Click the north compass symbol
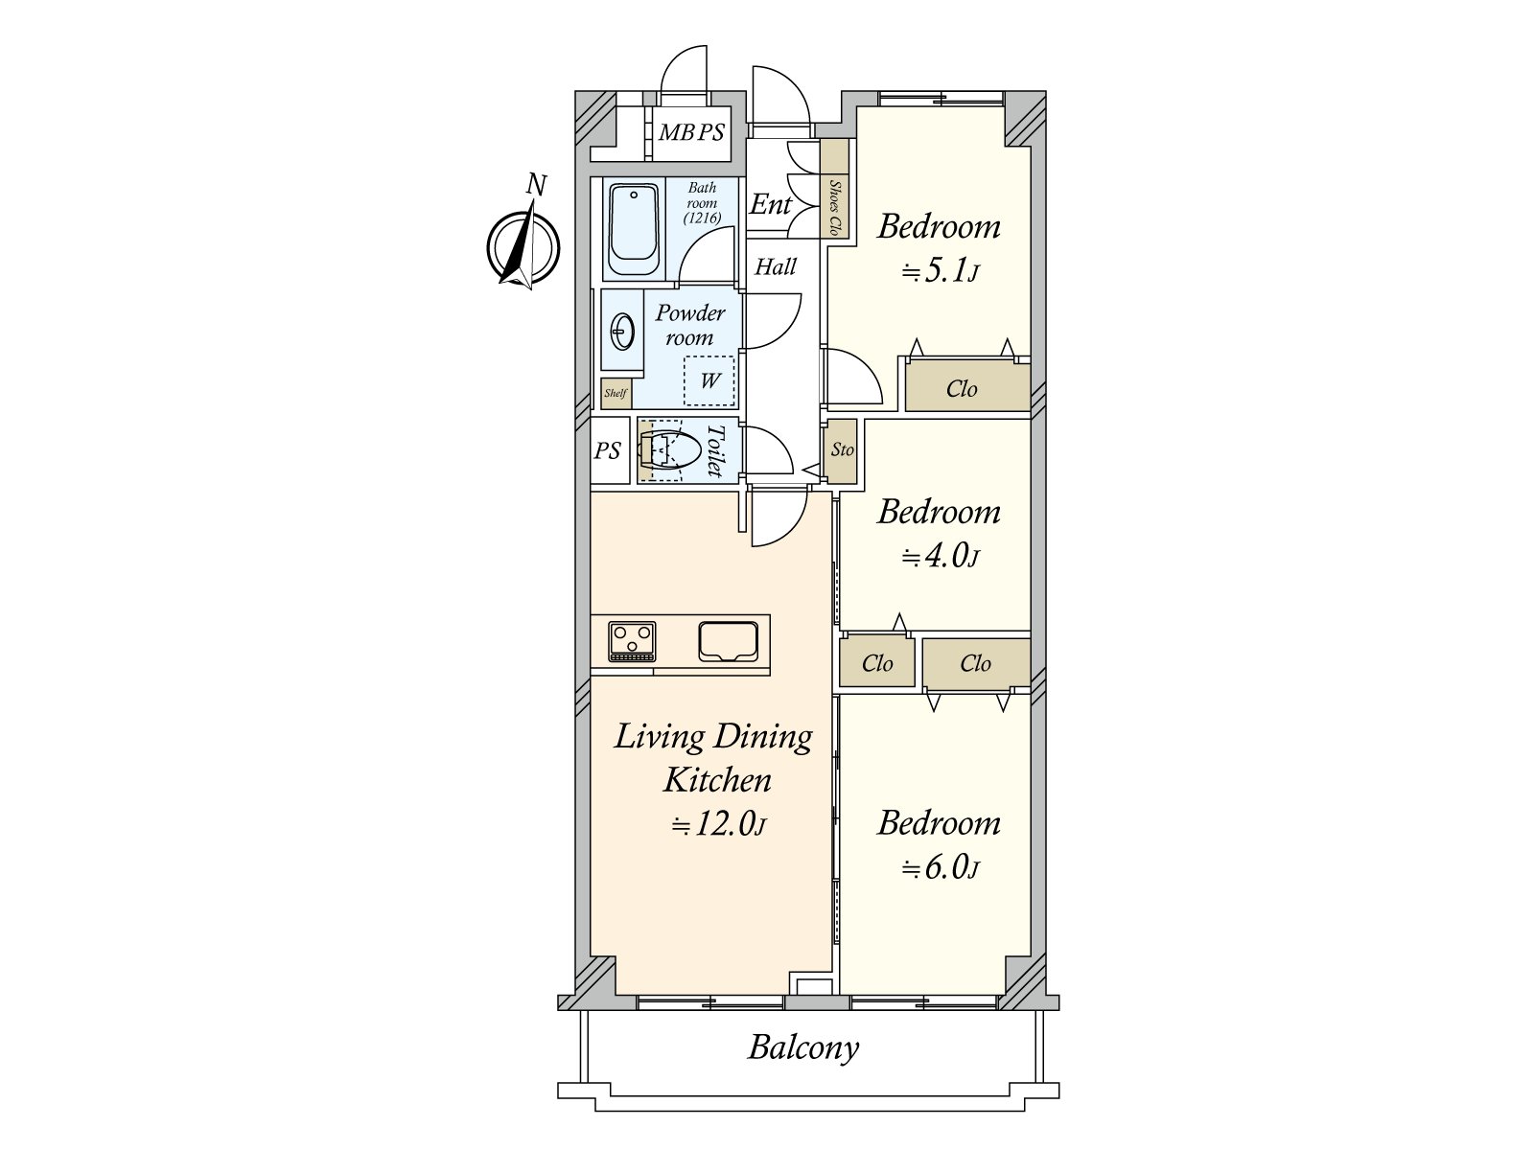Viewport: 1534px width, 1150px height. (x=523, y=245)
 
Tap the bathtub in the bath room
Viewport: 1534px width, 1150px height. (x=633, y=230)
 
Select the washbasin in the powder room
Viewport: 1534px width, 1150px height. (x=622, y=331)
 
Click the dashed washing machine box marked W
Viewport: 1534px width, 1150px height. (x=709, y=380)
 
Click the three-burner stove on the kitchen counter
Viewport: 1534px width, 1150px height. (x=632, y=641)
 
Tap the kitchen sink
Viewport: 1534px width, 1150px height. (x=729, y=641)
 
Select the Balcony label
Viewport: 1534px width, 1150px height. (x=803, y=1047)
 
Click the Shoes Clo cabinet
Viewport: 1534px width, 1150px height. (x=834, y=189)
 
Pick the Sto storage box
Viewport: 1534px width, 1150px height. (x=841, y=451)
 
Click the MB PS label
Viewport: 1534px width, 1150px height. (x=691, y=132)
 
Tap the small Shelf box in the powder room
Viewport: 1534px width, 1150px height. (x=616, y=393)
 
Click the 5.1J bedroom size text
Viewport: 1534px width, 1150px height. (x=940, y=270)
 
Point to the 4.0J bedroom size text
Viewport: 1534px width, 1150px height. (x=940, y=557)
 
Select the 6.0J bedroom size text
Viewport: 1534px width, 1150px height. (x=940, y=868)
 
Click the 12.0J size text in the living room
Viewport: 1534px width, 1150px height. (x=718, y=824)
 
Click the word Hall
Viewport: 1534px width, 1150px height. (x=776, y=266)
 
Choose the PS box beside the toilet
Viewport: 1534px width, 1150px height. (x=610, y=450)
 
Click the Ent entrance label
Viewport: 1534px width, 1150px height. (x=770, y=204)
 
